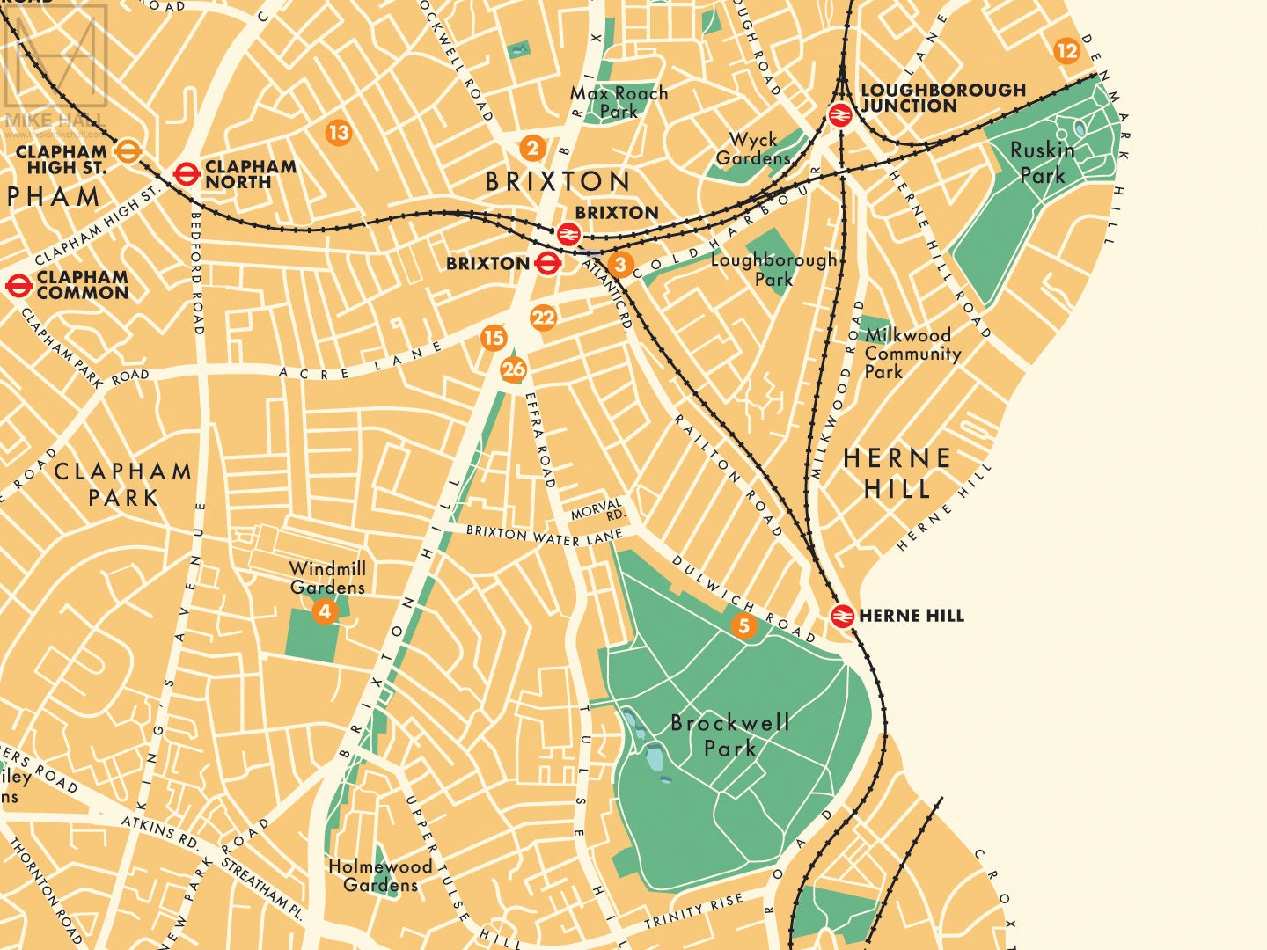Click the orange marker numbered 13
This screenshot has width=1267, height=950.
(338, 133)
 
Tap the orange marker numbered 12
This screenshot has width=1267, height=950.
(1066, 51)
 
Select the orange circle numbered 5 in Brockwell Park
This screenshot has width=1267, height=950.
(744, 625)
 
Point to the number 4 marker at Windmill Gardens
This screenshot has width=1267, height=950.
(325, 611)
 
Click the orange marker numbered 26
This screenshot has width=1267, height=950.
(514, 369)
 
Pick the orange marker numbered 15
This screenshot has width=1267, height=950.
(494, 338)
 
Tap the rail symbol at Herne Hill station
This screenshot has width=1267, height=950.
(842, 616)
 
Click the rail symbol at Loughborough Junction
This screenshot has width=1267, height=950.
(840, 115)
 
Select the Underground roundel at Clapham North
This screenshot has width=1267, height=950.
(186, 174)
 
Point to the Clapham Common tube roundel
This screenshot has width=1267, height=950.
(18, 285)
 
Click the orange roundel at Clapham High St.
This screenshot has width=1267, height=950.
(128, 151)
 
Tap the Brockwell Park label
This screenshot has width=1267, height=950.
(729, 735)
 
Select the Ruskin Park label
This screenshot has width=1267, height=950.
(1042, 163)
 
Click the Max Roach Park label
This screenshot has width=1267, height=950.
(619, 102)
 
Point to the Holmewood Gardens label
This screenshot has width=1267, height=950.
(380, 875)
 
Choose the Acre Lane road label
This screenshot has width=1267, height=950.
(361, 362)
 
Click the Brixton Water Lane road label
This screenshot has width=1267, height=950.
(544, 535)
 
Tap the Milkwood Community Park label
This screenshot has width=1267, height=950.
(912, 353)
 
